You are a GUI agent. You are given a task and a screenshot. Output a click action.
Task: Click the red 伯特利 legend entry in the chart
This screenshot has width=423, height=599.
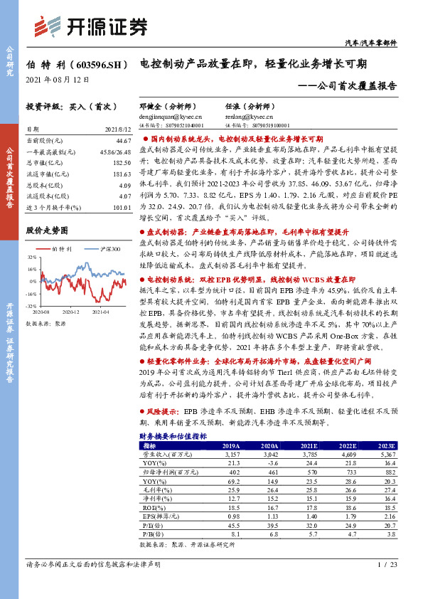pos(58,250)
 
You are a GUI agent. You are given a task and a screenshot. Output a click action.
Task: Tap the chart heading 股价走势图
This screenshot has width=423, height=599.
pos(45,231)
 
